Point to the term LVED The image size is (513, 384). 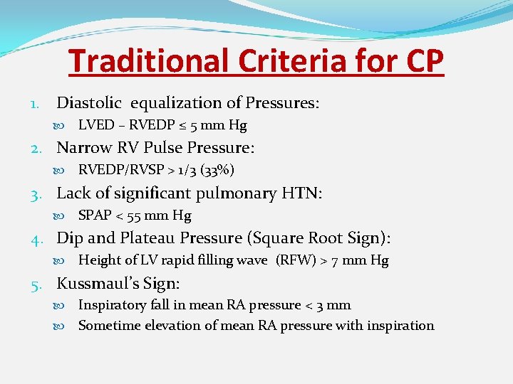click(96, 125)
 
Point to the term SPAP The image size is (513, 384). click(95, 215)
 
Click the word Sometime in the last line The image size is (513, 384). click(106, 325)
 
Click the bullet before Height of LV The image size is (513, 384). click(67, 260)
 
